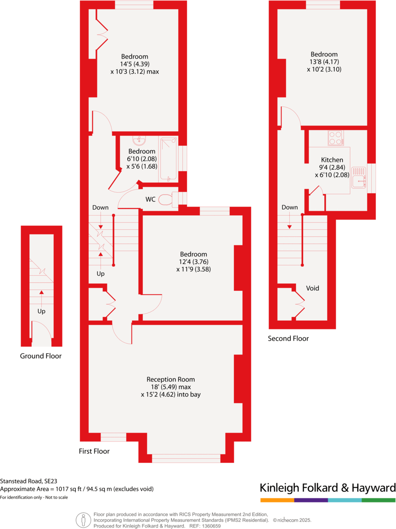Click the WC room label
click(x=150, y=200)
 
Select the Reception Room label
click(x=170, y=379)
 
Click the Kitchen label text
click(x=333, y=160)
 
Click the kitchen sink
click(x=359, y=177)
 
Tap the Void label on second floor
click(x=312, y=288)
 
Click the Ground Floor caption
click(x=40, y=356)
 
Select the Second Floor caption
click(x=289, y=339)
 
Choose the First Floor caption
click(x=94, y=451)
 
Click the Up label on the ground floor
click(x=41, y=311)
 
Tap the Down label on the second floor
click(x=289, y=207)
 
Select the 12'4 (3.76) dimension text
click(x=193, y=262)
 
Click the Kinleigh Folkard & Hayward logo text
click(x=328, y=487)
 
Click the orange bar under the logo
click(x=277, y=500)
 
